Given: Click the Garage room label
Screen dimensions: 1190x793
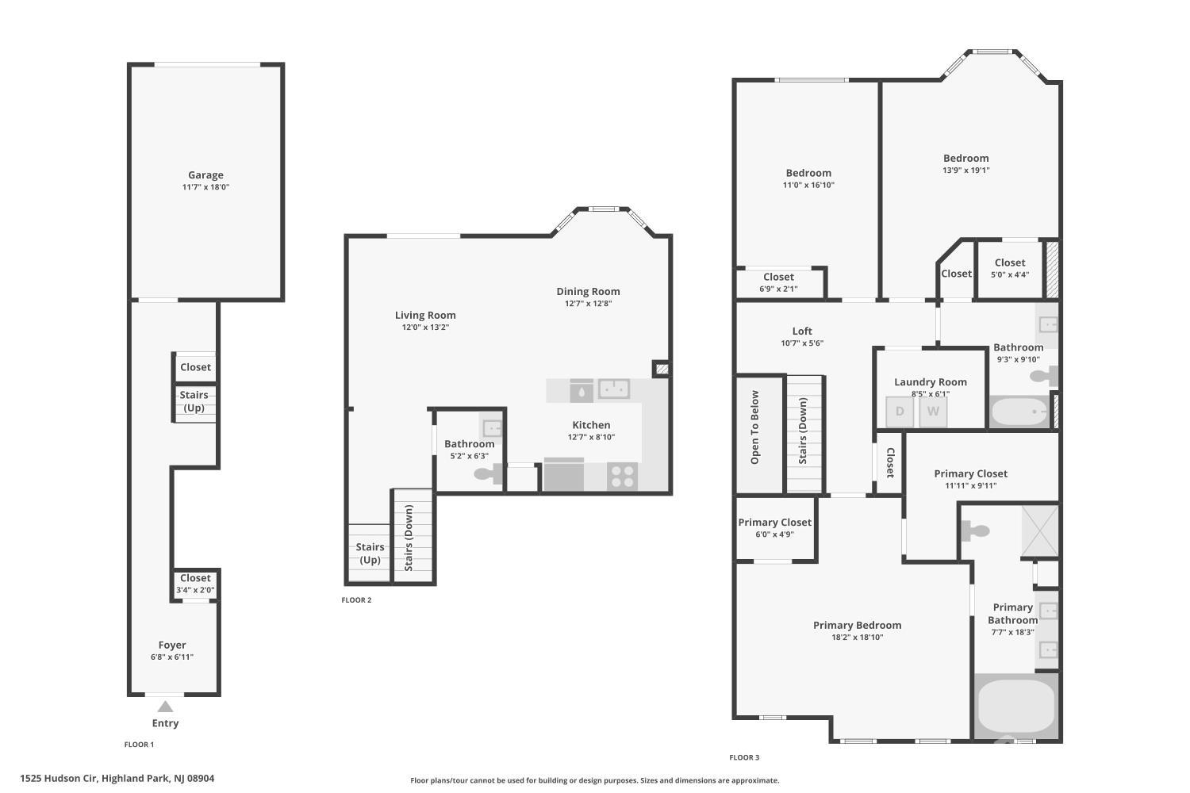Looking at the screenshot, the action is click(205, 174).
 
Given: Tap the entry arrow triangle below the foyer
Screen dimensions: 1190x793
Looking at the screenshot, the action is click(165, 707).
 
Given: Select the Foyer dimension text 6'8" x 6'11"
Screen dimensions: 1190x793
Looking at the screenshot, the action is click(172, 657).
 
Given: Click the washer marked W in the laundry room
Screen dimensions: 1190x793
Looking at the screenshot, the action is click(933, 412).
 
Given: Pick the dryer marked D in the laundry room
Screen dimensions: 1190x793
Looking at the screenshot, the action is click(900, 412).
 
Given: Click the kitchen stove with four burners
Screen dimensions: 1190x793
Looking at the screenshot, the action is click(622, 476).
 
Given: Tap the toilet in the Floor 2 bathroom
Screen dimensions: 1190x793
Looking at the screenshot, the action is click(488, 473).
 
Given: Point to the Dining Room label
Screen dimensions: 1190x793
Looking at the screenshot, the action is click(588, 291).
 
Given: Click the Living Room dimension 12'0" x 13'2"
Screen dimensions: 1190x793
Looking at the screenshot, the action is click(425, 328).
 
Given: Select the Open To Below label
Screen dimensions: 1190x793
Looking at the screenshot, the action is click(754, 427).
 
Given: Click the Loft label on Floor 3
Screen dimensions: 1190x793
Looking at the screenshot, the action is click(802, 331).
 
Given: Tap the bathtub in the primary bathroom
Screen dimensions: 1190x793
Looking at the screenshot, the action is click(1015, 707).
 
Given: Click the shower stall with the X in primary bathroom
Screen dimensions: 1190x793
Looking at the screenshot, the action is click(1039, 531).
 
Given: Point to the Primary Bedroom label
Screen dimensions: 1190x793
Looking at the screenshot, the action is click(857, 625).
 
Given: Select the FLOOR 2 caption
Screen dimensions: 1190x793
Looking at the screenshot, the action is click(356, 600).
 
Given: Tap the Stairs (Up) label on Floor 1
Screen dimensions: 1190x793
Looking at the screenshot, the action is click(194, 401).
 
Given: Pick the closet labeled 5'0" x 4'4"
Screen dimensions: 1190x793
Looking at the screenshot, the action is click(1009, 269).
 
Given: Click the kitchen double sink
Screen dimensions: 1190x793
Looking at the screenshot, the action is click(613, 389).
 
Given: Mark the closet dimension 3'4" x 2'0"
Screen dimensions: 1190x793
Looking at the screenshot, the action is click(195, 590).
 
